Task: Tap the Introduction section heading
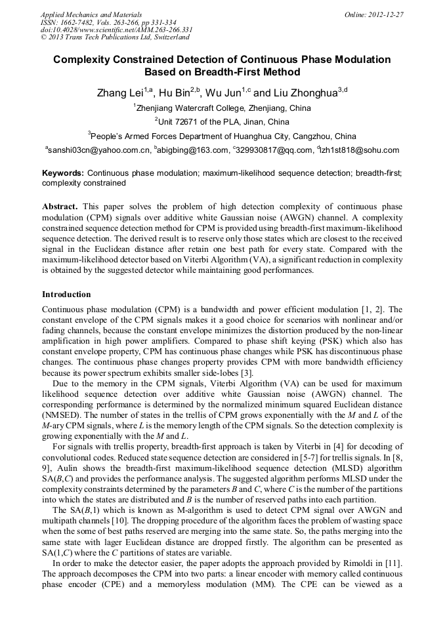(x=66, y=294)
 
